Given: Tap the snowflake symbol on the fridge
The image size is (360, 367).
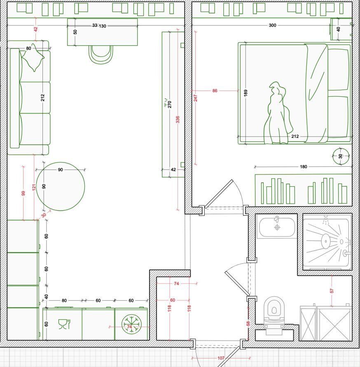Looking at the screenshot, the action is coord(131,324).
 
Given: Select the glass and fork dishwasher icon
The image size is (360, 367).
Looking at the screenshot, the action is coord(64,324).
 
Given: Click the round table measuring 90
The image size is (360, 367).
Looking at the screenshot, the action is coord(61,186).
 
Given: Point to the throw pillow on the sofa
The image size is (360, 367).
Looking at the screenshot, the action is coord(33,58).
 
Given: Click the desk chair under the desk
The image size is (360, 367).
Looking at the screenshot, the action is coord(101,55).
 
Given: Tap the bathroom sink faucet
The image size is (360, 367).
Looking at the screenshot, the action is coord(277,219).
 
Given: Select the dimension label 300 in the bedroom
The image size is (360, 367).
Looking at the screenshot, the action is coord(272,25).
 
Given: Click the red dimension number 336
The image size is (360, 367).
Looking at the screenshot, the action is coord(178,119).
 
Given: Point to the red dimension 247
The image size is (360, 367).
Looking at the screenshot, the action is coord(196,98).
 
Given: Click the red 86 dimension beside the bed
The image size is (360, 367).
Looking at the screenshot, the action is coord(215,91).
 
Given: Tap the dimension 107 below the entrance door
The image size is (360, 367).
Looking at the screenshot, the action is coord(221,358).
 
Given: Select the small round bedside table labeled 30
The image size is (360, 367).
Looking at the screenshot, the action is coord(341,156).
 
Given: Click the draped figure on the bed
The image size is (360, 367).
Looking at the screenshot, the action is coord(278,113).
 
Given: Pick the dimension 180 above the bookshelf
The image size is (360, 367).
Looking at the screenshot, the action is coord(303,167).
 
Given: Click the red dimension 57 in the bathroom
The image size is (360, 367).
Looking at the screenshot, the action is coord(332,291).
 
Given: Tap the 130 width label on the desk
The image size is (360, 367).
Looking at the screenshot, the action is coord(103,26).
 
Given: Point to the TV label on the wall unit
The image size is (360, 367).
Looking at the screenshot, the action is coord(166,103).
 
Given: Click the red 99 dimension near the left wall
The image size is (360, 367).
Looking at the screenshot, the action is coord(23,193).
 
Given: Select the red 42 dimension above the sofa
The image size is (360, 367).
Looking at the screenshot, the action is coord(35,30).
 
